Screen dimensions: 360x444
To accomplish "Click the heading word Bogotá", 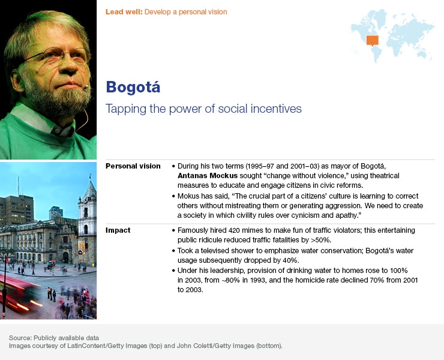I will click(133, 87).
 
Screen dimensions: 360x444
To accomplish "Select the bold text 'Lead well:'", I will click(124, 11).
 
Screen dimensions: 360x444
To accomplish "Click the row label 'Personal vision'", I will click(133, 166).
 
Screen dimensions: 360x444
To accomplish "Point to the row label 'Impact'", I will click(118, 230).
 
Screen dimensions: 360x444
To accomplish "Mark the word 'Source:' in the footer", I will click(20, 337).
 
